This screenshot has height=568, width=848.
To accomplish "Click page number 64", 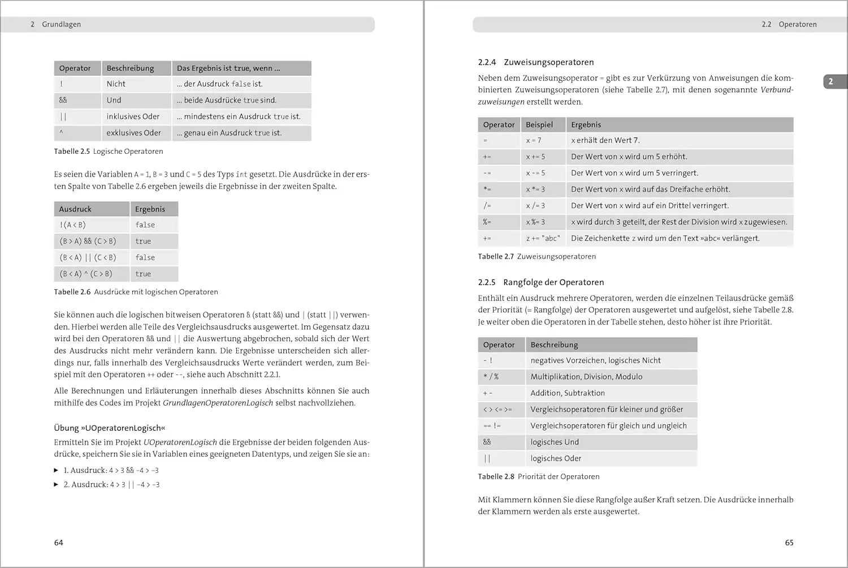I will coord(59,543).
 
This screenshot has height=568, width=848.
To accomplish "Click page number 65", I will coord(789,543).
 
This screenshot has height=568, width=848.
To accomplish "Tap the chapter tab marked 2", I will coord(831,81).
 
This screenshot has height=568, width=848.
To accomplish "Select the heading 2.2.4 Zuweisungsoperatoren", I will coord(536,62).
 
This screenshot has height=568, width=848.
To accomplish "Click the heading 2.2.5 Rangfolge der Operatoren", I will coord(541,282).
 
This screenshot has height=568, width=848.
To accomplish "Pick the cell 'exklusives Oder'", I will coord(134,133).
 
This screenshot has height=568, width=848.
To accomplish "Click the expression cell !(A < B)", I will coord(73,225).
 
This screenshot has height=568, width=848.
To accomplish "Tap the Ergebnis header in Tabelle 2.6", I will coord(150,209).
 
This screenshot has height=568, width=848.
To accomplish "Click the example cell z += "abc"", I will coord(543,238).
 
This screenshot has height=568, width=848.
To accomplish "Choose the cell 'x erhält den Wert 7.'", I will coord(605,140).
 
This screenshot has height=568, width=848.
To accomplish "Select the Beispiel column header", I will coord(539,124).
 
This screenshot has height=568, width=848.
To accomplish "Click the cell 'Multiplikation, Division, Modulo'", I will coord(586,377).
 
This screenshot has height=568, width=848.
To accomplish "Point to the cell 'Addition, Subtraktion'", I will coord(568,393).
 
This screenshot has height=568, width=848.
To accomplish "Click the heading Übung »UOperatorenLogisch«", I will coord(110,428).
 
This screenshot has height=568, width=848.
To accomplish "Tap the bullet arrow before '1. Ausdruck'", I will coord(56,470).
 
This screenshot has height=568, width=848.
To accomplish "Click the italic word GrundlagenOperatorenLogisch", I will coord(218,403).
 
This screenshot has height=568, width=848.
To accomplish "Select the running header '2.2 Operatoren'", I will coord(789,24).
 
